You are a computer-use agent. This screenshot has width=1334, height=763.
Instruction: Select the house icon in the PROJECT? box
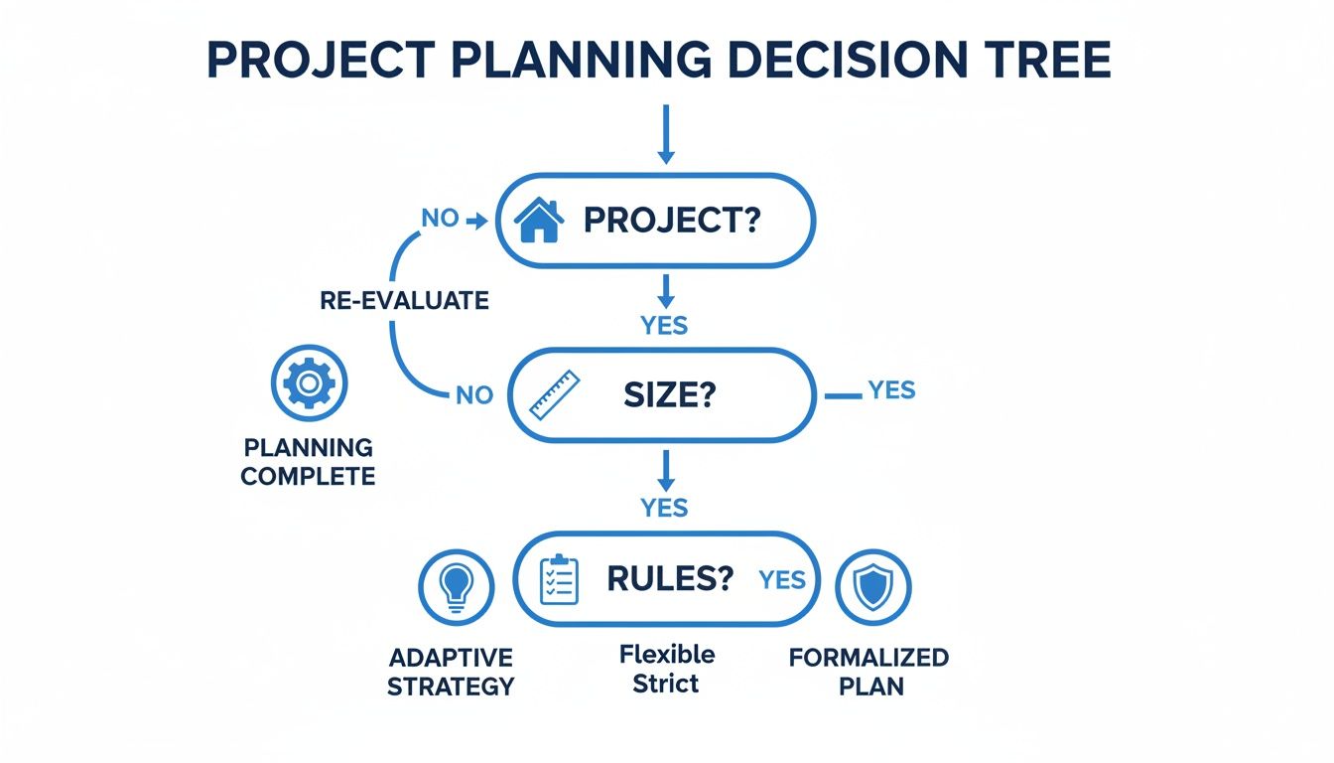[540, 220]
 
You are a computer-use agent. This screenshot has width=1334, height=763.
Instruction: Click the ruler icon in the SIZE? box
[554, 394]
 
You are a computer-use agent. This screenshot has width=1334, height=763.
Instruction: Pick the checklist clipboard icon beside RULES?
[559, 579]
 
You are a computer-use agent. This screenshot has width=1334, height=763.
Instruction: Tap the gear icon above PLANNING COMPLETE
[309, 382]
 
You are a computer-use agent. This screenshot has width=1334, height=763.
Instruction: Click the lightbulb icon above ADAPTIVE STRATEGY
[456, 586]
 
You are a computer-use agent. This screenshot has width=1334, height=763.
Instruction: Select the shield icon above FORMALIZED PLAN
[872, 587]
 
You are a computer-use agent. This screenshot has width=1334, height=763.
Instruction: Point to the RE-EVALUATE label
[404, 301]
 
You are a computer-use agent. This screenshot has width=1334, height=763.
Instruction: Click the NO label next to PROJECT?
[440, 219]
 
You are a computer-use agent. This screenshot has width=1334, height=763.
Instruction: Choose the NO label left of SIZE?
[473, 394]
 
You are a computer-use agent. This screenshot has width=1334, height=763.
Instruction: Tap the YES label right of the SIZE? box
[891, 390]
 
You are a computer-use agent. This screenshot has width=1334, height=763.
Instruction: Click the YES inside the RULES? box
[782, 580]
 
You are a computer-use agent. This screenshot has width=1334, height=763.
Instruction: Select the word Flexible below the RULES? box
[667, 655]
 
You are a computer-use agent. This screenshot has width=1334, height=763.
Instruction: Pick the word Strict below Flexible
[667, 684]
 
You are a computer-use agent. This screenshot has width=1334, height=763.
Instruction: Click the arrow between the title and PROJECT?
[666, 133]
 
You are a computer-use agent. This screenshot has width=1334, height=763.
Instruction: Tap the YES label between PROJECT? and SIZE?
[665, 325]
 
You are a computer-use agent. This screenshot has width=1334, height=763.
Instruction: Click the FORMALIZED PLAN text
[868, 672]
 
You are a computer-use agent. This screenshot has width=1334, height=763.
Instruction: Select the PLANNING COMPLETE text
[308, 462]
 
